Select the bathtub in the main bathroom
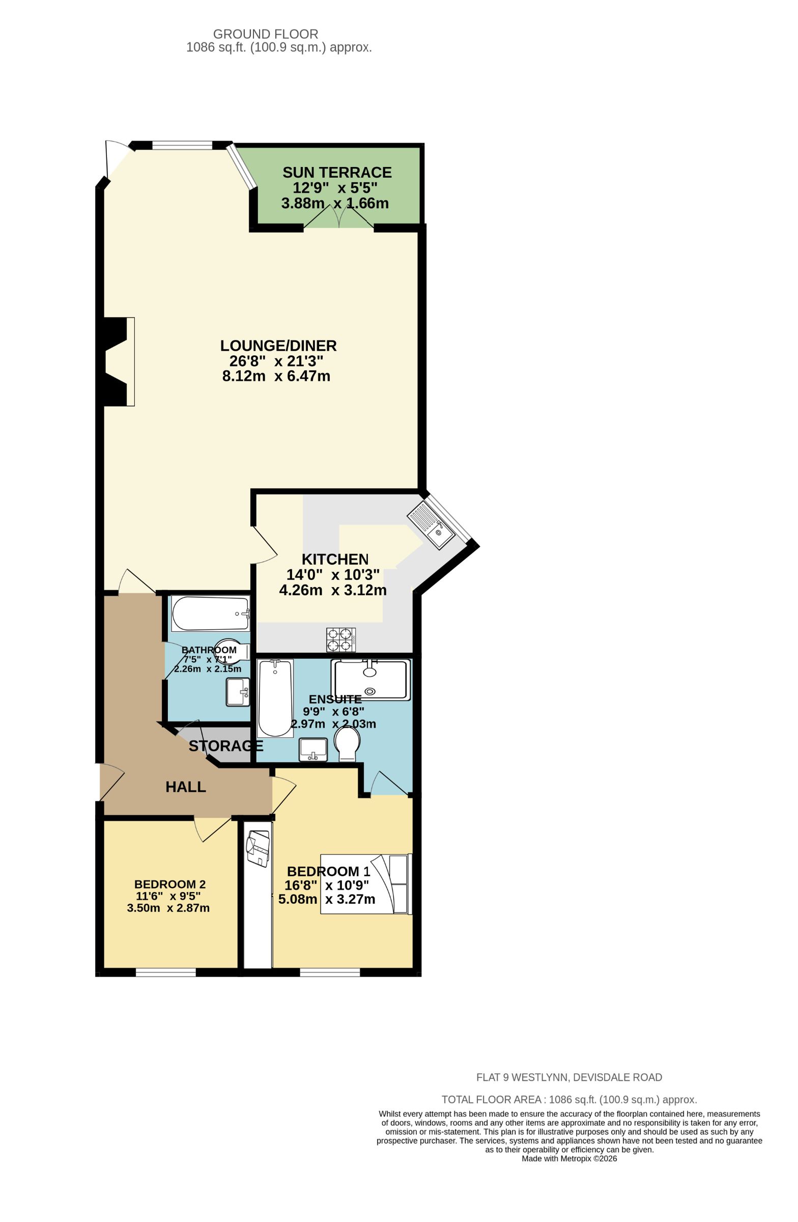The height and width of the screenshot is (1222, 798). tap(210, 614)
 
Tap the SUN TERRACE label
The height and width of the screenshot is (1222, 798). tap(336, 173)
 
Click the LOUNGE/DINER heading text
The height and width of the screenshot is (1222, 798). tap(278, 346)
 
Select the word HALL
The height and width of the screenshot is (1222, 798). tap(185, 787)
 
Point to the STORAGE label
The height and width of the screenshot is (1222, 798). tap(225, 746)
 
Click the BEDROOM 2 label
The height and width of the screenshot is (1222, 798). tap(170, 884)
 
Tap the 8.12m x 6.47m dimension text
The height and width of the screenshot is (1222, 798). tap(275, 376)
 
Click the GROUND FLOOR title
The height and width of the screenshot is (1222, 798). tap(265, 35)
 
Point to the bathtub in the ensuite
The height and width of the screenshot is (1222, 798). tap(275, 698)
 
